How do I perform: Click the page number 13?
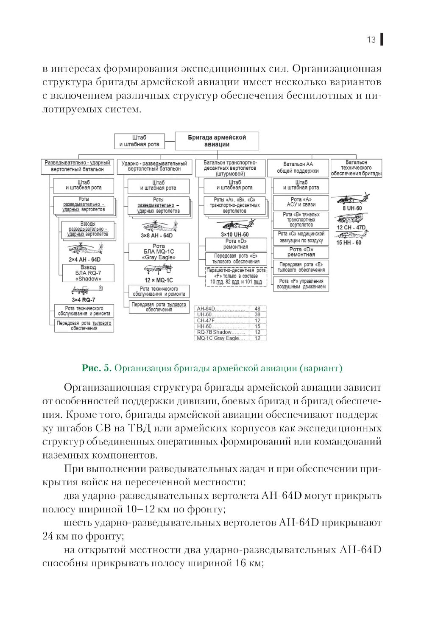[371, 40]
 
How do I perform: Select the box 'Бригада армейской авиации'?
[217, 141]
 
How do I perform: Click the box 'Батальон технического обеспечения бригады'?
[356, 168]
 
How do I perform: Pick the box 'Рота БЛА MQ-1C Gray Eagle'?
[159, 252]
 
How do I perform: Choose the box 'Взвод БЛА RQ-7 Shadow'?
[88, 273]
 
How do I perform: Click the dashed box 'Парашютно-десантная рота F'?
[236, 276]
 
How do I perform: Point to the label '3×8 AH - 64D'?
[157, 235]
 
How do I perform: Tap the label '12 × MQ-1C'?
[159, 280]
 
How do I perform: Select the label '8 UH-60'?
[352, 208]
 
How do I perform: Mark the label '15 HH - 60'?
[349, 243]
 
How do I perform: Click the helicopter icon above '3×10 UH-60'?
[235, 225]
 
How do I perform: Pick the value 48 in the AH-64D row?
[257, 309]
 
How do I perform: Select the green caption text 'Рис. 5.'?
[96, 368]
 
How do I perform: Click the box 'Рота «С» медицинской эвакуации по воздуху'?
[301, 237]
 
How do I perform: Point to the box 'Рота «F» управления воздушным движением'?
[301, 284]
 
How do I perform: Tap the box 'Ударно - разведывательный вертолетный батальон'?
[154, 166]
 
